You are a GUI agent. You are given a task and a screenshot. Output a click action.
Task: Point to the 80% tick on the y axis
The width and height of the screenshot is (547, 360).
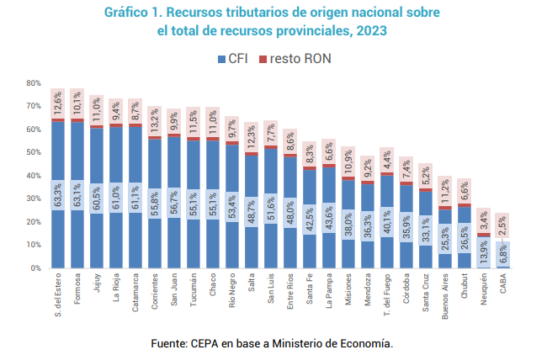(x=33, y=83)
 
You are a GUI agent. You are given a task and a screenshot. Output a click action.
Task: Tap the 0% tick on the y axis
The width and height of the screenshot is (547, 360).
(x=35, y=268)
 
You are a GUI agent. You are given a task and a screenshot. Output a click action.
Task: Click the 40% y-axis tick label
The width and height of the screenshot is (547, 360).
(x=33, y=176)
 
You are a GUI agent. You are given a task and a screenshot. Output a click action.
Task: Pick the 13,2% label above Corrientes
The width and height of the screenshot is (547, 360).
(x=154, y=119)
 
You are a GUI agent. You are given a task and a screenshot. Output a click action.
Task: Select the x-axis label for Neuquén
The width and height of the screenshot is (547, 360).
(x=483, y=289)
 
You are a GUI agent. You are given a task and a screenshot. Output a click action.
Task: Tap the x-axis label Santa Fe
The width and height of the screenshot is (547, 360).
(x=309, y=289)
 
